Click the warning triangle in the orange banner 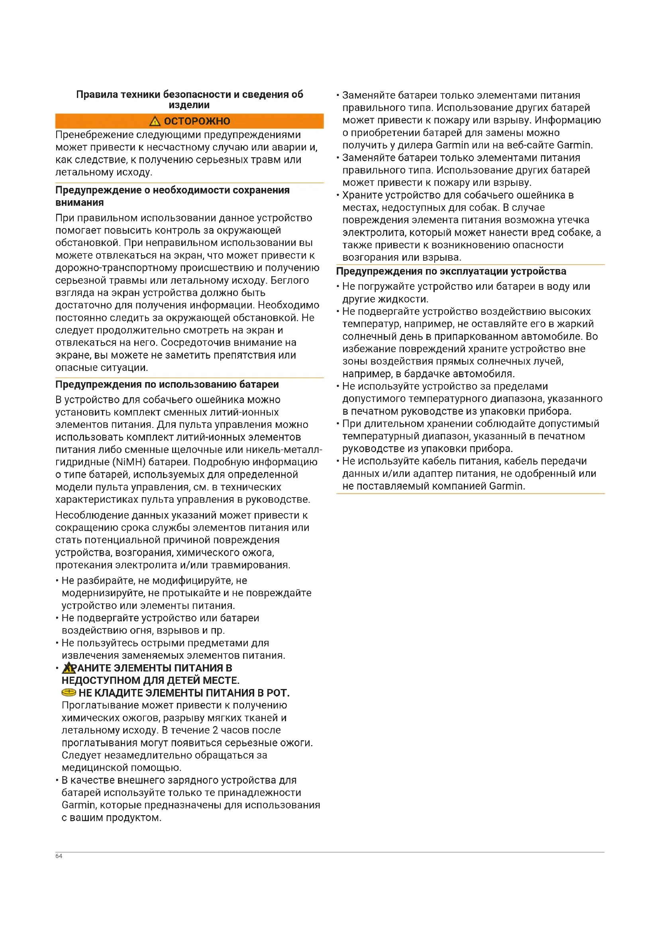click(155, 121)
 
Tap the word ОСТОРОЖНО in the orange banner click(197, 121)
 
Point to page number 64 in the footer click(59, 856)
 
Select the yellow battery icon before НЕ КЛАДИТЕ click(69, 692)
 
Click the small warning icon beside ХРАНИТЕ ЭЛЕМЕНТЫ click(69, 668)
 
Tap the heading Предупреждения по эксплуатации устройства click(451, 271)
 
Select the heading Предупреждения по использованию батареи click(167, 384)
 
